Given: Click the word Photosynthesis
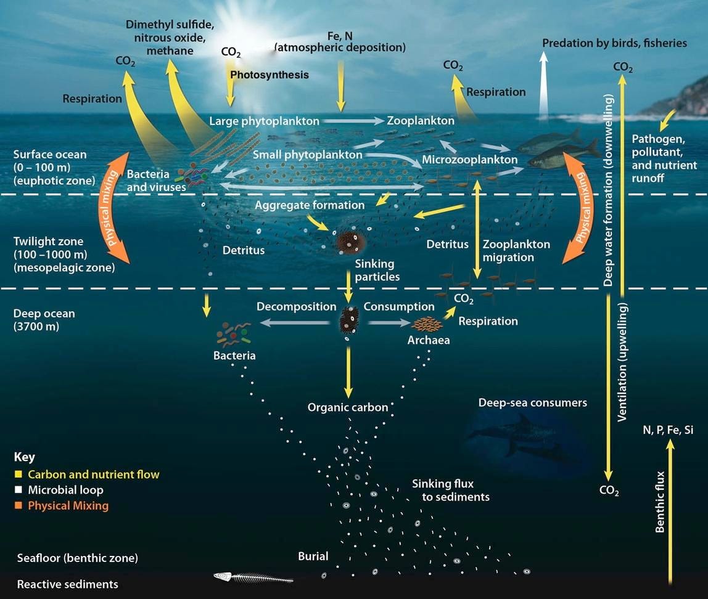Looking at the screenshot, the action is (x=269, y=75).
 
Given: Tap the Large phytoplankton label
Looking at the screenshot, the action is (x=264, y=121).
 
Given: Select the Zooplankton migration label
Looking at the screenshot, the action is (x=516, y=251).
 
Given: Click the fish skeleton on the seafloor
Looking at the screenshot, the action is (x=252, y=577).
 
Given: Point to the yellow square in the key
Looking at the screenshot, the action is (x=19, y=475).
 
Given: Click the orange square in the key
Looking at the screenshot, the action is (x=19, y=506).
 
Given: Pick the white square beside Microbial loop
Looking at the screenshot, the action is (x=19, y=491).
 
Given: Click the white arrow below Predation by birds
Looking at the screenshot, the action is (x=543, y=86).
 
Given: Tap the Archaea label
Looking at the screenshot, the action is (x=428, y=340).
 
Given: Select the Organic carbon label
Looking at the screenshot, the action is (x=348, y=407).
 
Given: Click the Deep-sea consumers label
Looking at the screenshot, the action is (x=532, y=403).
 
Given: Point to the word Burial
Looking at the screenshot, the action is (x=313, y=556).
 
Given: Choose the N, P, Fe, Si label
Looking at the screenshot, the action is (x=667, y=430).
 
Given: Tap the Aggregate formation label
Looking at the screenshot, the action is (x=310, y=205).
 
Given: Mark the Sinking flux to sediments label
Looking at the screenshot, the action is (x=451, y=490).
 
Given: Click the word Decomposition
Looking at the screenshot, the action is (x=296, y=306).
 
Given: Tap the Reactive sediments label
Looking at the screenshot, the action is (x=67, y=584).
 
